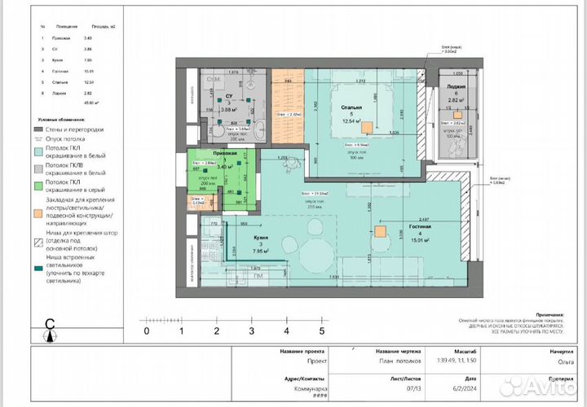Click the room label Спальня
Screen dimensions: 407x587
tap(351, 106)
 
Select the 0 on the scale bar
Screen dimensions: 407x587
tap(147, 330)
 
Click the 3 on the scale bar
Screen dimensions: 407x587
tap(251, 330)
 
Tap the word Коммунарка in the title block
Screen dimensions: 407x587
tap(302, 388)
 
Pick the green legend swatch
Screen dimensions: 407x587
tap(39, 184)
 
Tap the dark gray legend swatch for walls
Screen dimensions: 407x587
tap(39, 129)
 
